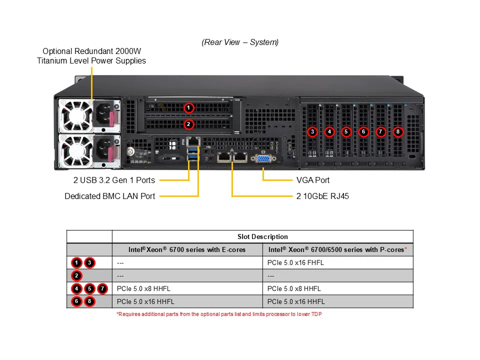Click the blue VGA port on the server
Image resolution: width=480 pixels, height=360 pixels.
click(x=263, y=158)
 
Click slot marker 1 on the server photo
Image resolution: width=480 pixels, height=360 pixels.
click(x=188, y=107)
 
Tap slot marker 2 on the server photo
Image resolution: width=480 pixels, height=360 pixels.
click(x=188, y=123)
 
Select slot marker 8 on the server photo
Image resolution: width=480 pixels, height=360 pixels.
click(x=397, y=132)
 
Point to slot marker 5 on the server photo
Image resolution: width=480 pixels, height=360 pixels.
click(x=346, y=132)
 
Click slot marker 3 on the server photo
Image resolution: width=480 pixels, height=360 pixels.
click(x=312, y=132)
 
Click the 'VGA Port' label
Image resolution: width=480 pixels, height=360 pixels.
click(x=313, y=180)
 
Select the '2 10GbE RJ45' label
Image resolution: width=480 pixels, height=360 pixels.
click(x=322, y=196)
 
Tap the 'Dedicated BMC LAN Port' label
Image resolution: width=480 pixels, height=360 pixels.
click(x=109, y=196)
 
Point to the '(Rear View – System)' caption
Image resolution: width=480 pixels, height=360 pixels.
click(x=240, y=42)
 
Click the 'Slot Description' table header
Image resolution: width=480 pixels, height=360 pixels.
click(x=262, y=236)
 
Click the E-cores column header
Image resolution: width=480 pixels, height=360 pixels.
click(x=187, y=249)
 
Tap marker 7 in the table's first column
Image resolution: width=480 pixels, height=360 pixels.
click(x=102, y=288)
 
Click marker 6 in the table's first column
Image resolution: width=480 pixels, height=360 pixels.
click(x=76, y=301)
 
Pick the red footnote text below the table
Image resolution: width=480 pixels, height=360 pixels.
click(x=219, y=314)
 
